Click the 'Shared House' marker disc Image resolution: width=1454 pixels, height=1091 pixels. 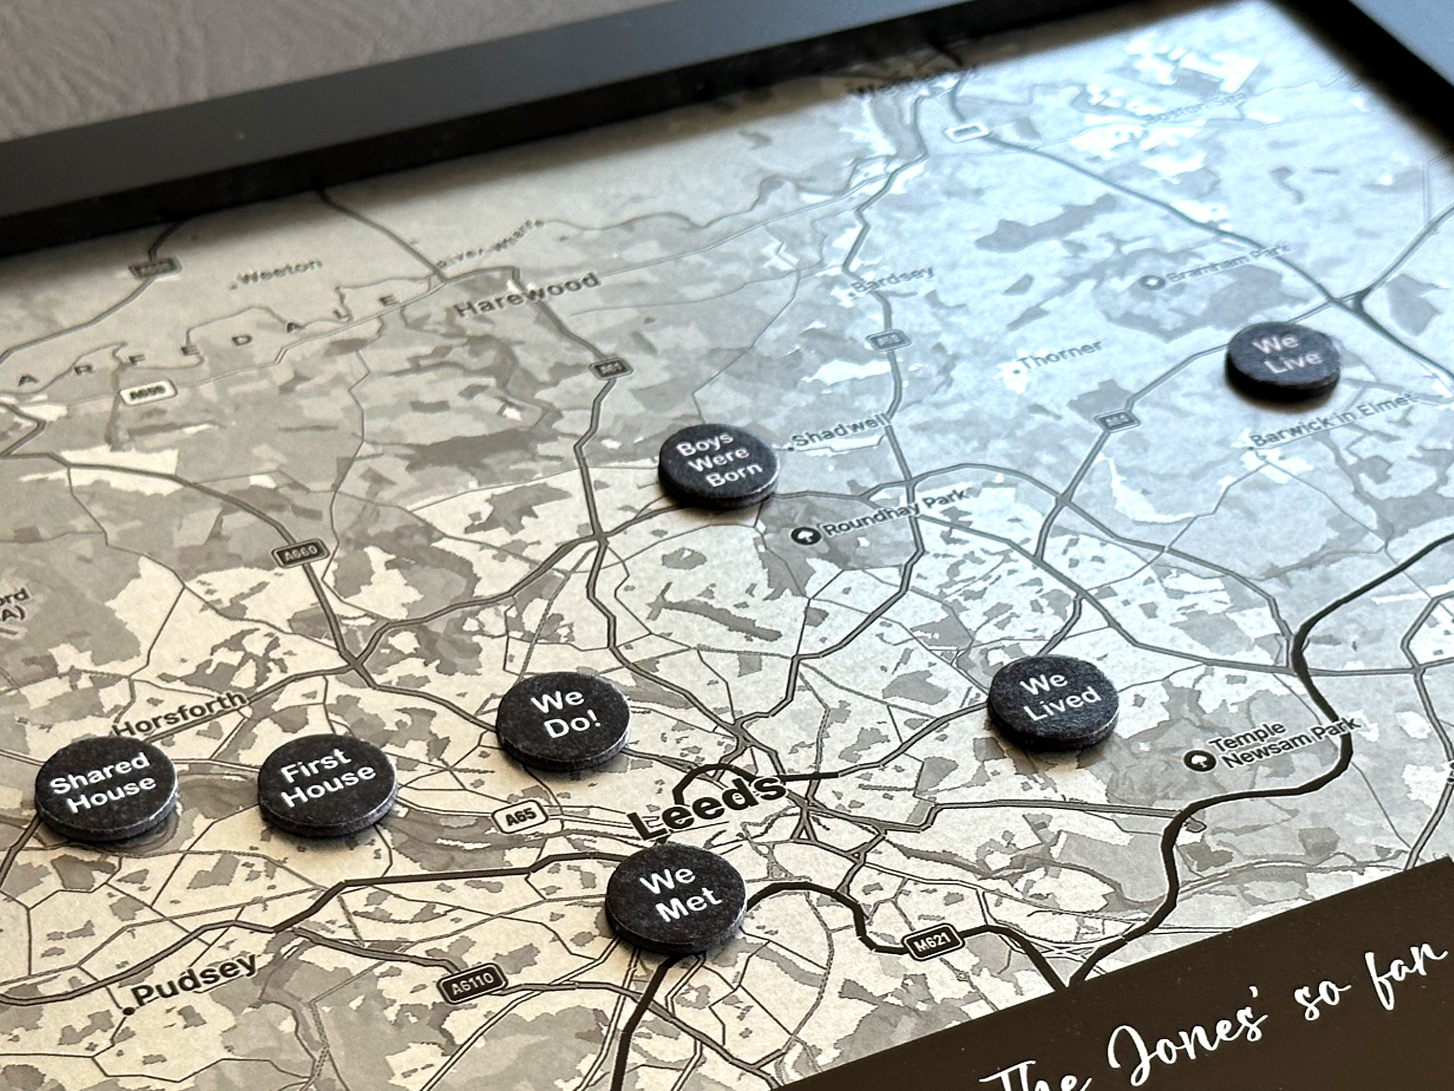pos(105,786)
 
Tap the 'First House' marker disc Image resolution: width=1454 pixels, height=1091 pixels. pos(327,784)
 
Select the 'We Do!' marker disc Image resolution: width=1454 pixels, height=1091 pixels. pos(563,719)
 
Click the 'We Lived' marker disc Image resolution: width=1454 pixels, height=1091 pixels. pos(1052,698)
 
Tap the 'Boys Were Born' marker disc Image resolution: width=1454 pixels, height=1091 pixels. pos(718,462)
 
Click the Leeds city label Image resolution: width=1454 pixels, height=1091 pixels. pos(707,805)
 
